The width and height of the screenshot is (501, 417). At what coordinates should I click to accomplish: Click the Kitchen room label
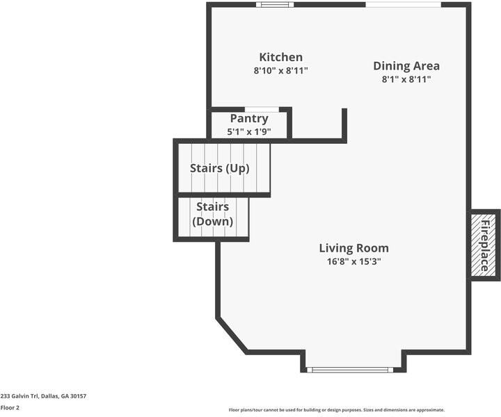(x=280, y=58)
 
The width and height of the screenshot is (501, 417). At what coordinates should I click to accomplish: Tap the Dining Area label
(x=406, y=66)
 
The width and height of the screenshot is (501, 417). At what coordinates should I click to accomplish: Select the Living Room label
(x=353, y=248)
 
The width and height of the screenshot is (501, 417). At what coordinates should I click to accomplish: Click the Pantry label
(x=248, y=119)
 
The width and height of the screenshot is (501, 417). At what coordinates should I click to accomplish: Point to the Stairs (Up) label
(x=219, y=168)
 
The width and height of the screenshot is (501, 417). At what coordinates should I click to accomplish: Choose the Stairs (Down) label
(x=212, y=214)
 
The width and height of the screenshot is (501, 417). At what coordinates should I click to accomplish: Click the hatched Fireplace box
(x=485, y=245)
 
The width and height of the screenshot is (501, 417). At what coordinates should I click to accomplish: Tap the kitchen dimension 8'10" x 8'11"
(x=280, y=71)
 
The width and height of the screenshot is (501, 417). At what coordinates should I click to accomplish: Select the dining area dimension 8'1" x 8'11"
(x=406, y=79)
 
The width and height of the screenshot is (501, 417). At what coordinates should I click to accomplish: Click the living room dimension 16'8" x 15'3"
(x=353, y=261)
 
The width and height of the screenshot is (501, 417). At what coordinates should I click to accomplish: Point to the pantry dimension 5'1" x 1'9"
(x=248, y=131)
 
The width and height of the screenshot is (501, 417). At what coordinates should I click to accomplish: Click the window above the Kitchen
(x=274, y=5)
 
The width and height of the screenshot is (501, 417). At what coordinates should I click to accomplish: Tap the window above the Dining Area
(x=403, y=5)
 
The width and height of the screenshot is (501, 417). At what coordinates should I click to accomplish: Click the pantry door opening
(x=267, y=109)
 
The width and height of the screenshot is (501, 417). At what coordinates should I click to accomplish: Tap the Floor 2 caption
(x=10, y=408)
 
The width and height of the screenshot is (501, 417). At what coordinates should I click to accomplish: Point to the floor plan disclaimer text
(x=336, y=410)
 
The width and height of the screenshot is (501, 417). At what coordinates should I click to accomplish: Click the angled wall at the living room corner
(x=232, y=335)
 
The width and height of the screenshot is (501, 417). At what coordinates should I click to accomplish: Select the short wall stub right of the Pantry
(x=344, y=124)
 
